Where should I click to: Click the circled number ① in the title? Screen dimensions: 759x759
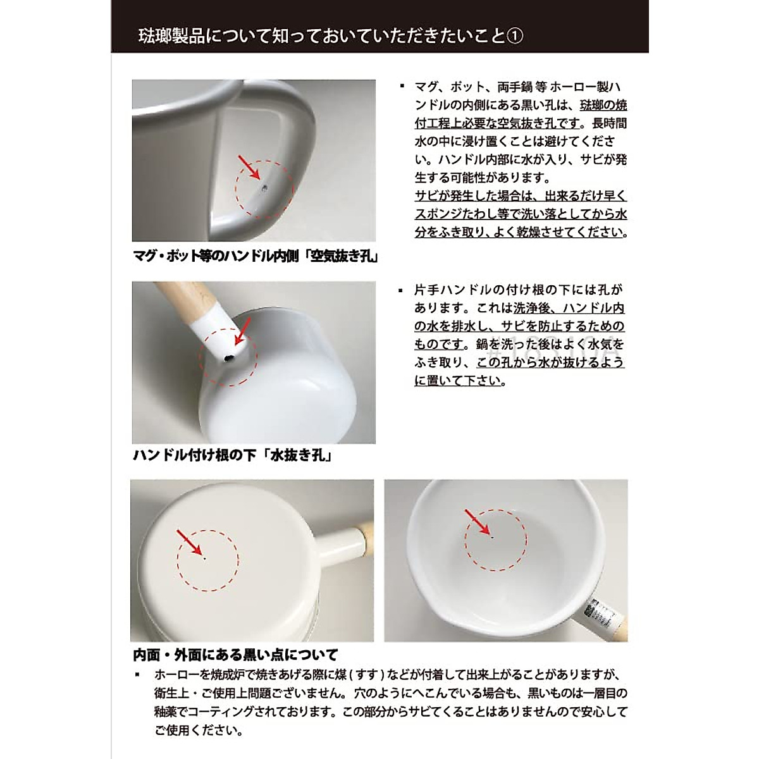[515, 35]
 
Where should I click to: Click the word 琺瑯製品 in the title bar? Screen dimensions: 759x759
[166, 35]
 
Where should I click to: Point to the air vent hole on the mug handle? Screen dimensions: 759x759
[264, 187]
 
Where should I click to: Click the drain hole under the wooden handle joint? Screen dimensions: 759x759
[228, 359]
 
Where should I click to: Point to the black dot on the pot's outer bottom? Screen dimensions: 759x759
[205, 557]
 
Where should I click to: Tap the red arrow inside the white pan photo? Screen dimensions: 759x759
[479, 523]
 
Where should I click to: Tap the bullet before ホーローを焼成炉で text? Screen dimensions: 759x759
[137, 675]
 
